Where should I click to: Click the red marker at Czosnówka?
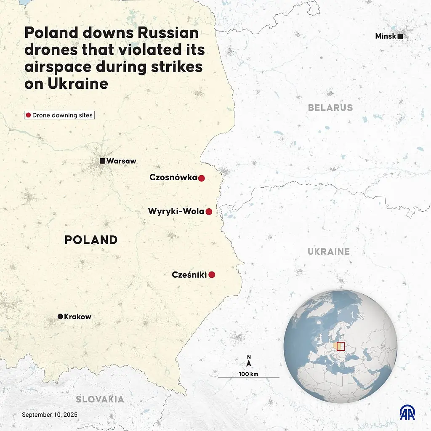pyautogui.click(x=201, y=178)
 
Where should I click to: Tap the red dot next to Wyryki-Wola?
pyautogui.click(x=209, y=212)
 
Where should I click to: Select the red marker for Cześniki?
pyautogui.click(x=212, y=275)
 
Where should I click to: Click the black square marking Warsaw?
pyautogui.click(x=102, y=161)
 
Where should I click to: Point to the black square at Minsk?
pyautogui.click(x=400, y=37)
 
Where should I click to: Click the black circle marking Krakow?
pyautogui.click(x=60, y=317)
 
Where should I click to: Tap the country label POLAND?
pyautogui.click(x=91, y=240)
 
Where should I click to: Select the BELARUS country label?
pyautogui.click(x=330, y=108)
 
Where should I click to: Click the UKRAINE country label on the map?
pyautogui.click(x=329, y=252)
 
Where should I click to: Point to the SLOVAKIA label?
pyautogui.click(x=100, y=399)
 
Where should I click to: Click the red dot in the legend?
pyautogui.click(x=29, y=115)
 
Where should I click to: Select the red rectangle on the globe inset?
pyautogui.click(x=341, y=346)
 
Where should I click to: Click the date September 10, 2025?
pyautogui.click(x=50, y=415)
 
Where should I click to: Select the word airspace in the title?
pyautogui.click(x=61, y=67)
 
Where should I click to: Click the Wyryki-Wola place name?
pyautogui.click(x=176, y=212)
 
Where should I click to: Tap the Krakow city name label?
pyautogui.click(x=77, y=317)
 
